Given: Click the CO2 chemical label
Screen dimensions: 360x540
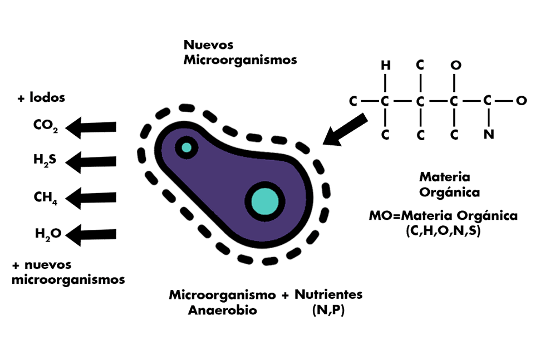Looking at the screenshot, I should [45, 126].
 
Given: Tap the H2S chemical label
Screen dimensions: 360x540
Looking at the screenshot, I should [45, 162].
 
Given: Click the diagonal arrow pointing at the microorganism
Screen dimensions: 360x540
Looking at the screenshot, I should [345, 130].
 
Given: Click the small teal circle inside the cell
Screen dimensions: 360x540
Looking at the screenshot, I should [186, 147].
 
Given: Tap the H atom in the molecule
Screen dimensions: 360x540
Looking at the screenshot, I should [385, 66].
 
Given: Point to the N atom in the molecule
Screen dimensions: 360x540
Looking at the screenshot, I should [488, 134].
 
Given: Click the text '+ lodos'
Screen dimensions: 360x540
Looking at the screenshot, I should [41, 98].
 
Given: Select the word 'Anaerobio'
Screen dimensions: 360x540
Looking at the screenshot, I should [223, 310].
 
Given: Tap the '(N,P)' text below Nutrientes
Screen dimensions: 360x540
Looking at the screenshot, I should [328, 310].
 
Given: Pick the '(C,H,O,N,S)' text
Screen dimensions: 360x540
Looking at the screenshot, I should [443, 229].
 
